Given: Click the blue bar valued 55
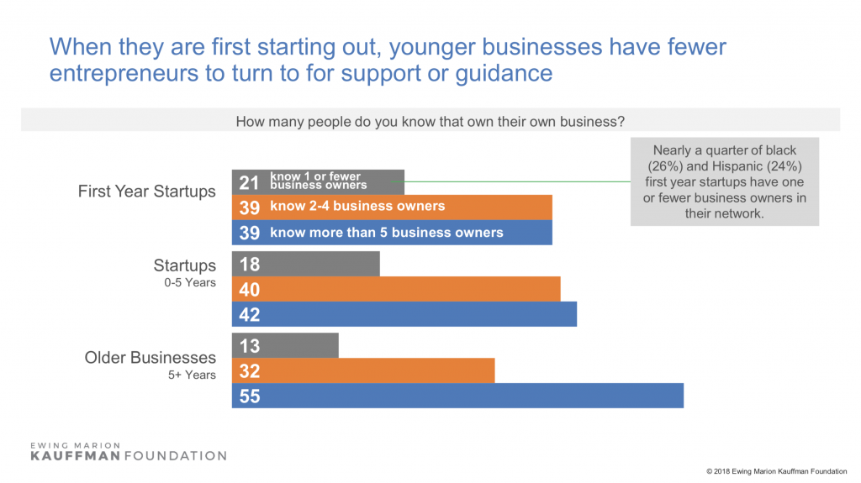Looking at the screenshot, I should coord(457,396).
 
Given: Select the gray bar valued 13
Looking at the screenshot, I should coord(285,345).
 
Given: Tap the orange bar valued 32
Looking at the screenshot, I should coord(363,370).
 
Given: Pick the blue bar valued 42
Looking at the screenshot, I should coord(404,315).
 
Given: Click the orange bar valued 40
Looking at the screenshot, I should coord(396,290).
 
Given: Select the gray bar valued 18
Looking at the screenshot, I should coord(306,264).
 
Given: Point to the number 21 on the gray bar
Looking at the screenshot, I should coord(249,182).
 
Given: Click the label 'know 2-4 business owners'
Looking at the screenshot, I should coord(357,207).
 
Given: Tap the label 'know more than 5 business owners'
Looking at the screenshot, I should coord(386,233).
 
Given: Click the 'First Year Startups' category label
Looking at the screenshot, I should coord(146,192).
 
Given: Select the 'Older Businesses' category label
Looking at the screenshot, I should coord(150,358).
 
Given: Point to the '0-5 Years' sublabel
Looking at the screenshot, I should coord(188,283).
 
